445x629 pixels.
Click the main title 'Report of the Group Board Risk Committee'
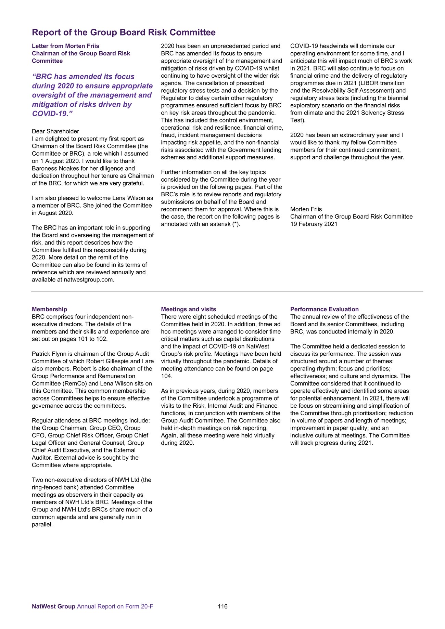coord(124,32)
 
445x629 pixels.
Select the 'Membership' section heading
coord(49,309)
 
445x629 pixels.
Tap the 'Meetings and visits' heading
coord(189,309)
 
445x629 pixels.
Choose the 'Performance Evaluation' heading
coord(324,309)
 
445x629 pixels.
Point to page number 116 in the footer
coord(222,606)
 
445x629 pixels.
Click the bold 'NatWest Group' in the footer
coord(53,606)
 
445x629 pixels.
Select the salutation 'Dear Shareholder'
coord(55,131)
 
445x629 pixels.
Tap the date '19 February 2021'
coord(314,224)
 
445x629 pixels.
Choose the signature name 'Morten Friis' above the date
coord(306,209)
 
